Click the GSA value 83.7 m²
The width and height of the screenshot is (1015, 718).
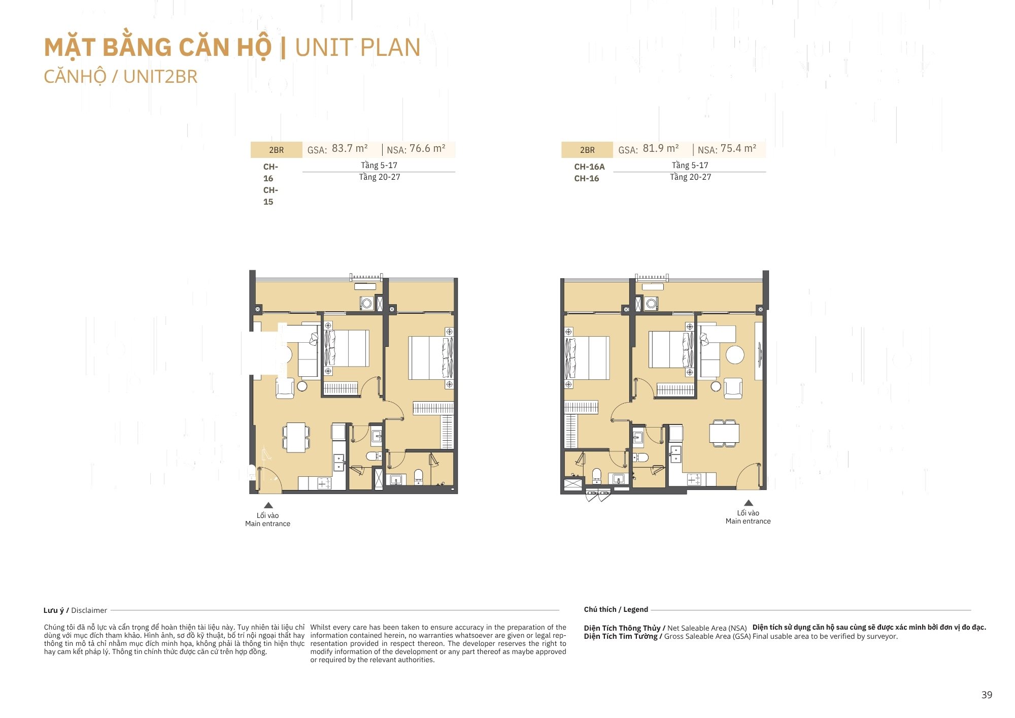coord(350,148)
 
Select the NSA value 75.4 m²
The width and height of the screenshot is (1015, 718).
coord(738,148)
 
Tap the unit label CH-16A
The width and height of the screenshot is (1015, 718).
coord(589,167)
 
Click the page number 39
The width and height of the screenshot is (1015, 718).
coord(987,695)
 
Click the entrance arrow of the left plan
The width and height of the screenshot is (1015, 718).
coord(268,505)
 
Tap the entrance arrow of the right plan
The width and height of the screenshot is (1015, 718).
coord(748,503)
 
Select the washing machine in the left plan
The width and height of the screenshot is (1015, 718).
coord(366,303)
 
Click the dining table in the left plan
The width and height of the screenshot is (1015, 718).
coord(296,437)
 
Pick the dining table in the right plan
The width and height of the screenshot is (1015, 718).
coord(724,433)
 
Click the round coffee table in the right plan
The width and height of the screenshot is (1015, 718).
coord(735,354)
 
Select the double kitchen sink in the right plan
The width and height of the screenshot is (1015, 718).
coord(675,454)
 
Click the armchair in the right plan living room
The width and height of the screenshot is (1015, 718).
coord(733,388)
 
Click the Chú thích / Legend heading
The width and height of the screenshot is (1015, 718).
coord(616,609)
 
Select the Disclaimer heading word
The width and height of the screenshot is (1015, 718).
coord(89,610)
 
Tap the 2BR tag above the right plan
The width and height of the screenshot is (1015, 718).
coord(587,150)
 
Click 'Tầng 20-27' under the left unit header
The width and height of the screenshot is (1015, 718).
coord(380,177)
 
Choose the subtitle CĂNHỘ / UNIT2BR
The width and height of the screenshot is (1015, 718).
coord(120,77)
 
